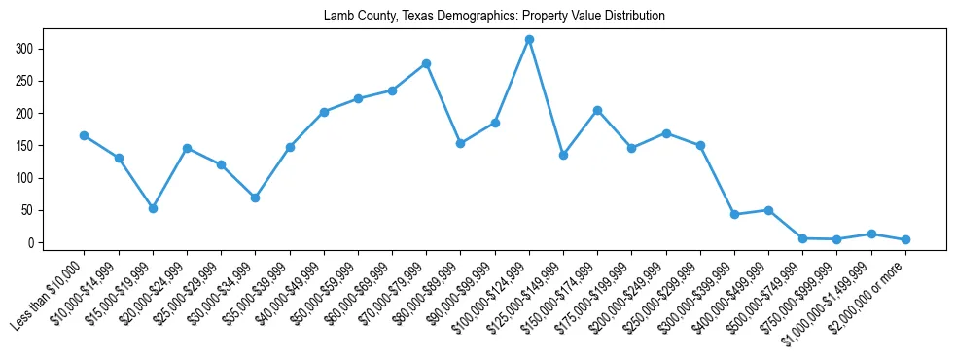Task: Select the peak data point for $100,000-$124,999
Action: tap(529, 39)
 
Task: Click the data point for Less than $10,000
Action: tap(85, 135)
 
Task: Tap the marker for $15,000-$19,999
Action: tap(153, 208)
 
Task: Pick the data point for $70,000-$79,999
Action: tap(426, 63)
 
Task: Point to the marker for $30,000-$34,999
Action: tap(255, 198)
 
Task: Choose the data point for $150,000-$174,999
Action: tap(597, 110)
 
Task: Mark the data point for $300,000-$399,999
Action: tap(734, 214)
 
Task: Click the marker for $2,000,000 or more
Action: tap(905, 239)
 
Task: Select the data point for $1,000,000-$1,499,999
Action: tap(871, 234)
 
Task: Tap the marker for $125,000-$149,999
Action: tap(563, 155)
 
